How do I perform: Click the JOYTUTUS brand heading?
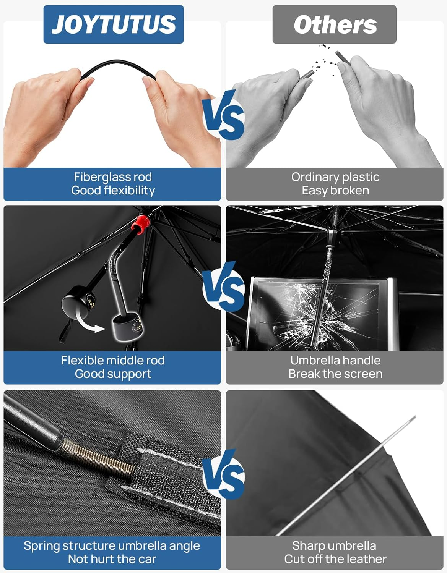coord(114,24)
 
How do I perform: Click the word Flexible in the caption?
coord(83,360)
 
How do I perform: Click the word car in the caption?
coord(147,559)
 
